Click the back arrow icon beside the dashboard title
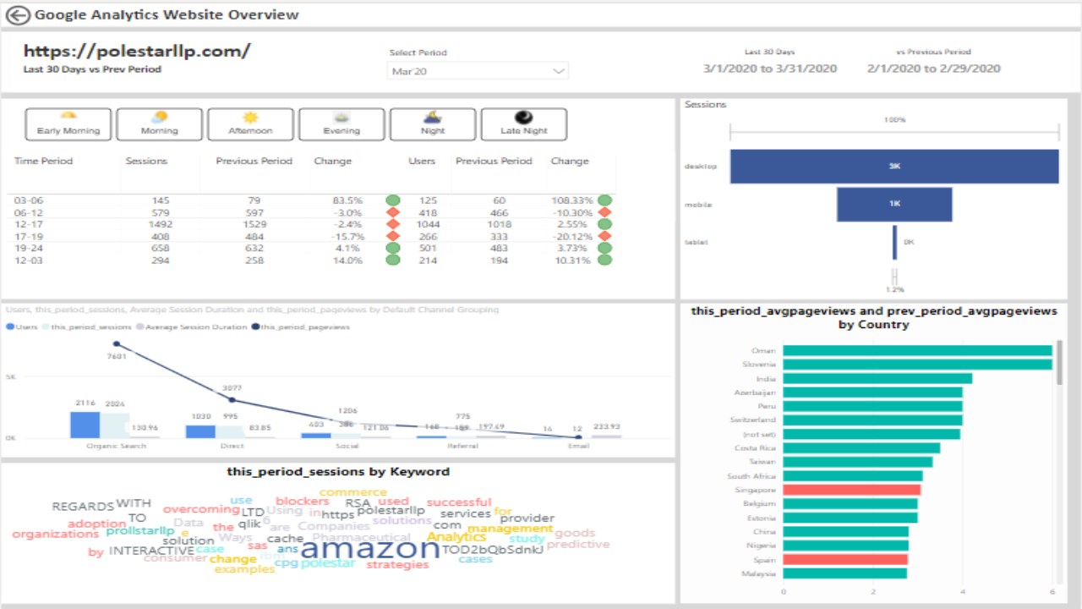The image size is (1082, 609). click(17, 14)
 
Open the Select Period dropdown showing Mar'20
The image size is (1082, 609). click(478, 71)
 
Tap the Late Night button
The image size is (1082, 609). click(523, 124)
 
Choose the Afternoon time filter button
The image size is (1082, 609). click(250, 124)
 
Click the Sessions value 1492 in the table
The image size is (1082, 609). click(160, 224)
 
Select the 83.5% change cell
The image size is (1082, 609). click(348, 200)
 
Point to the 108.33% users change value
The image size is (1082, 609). click(572, 200)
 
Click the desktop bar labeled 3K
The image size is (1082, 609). click(893, 167)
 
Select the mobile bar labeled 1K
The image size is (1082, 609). click(893, 204)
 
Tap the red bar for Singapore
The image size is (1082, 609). click(851, 490)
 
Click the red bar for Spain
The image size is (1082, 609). click(844, 559)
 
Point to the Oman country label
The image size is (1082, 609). click(763, 351)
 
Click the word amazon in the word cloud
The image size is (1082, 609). click(369, 549)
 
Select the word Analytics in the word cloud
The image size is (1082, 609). click(456, 537)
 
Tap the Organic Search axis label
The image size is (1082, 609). click(116, 446)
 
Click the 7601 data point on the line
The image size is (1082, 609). click(117, 343)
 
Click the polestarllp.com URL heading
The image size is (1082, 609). click(137, 51)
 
